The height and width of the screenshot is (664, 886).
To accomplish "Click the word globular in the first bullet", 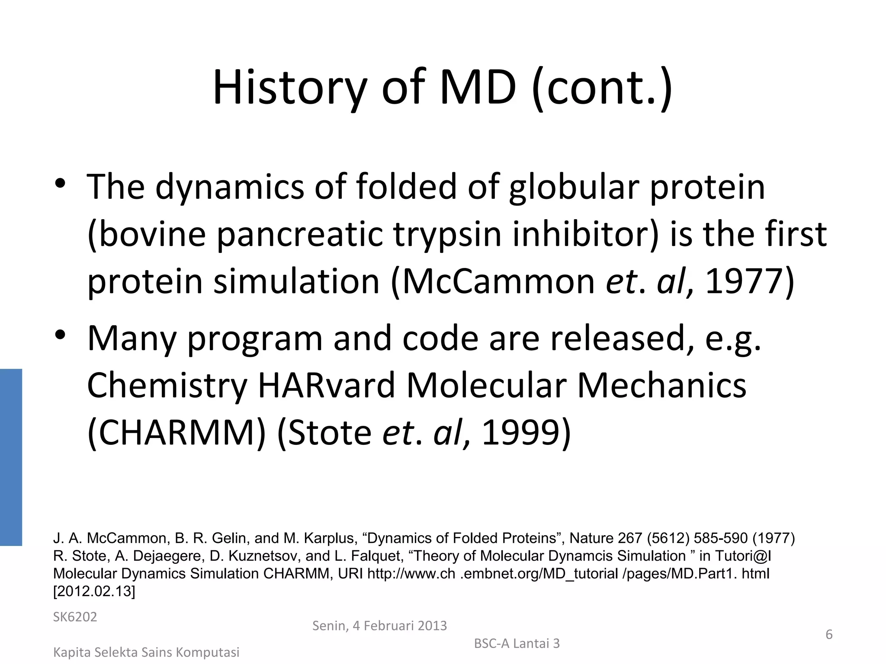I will click(x=574, y=187).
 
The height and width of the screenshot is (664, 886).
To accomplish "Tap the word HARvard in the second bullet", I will click(x=327, y=385).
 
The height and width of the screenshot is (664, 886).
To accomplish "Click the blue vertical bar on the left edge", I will click(x=11, y=457).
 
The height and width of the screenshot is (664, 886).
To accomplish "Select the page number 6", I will click(x=829, y=634).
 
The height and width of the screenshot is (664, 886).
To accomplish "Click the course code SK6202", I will click(x=75, y=617).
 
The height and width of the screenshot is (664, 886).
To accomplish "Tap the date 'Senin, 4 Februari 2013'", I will click(x=379, y=626).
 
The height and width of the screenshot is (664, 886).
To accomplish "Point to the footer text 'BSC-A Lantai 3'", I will click(x=517, y=643).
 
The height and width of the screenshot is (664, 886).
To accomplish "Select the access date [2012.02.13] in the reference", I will click(x=94, y=591).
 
